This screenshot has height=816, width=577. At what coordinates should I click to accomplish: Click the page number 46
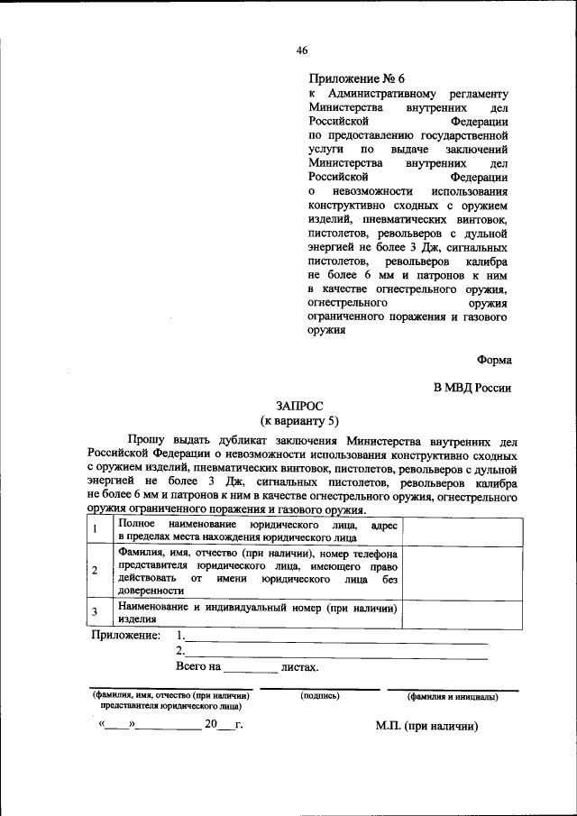[x=302, y=51]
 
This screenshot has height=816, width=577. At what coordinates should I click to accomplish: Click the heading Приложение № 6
[x=357, y=78]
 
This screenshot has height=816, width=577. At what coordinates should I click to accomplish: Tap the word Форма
[x=495, y=359]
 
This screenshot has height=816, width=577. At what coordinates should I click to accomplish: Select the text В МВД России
[x=472, y=388]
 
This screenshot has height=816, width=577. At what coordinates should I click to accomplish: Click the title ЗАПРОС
[x=299, y=407]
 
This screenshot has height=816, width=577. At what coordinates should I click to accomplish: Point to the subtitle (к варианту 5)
[x=299, y=421]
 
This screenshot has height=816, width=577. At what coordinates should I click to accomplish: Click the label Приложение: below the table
[x=126, y=637]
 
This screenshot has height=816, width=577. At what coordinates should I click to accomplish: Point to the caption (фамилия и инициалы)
[x=452, y=696]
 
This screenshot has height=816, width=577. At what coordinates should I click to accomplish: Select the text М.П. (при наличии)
[x=426, y=726]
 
